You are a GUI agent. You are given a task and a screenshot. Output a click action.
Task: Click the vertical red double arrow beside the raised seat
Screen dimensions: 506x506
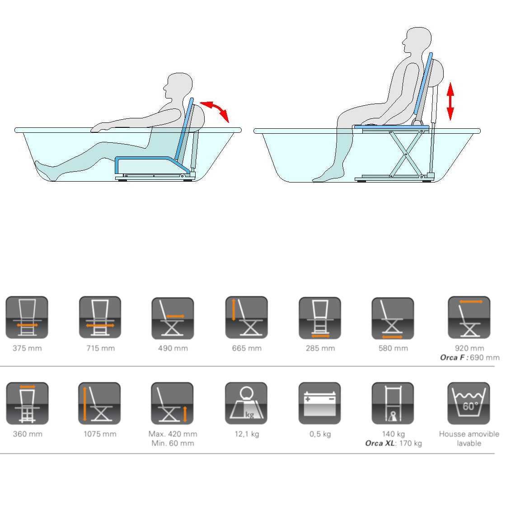(450, 101)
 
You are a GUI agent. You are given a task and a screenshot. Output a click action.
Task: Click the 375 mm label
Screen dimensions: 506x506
(27, 348)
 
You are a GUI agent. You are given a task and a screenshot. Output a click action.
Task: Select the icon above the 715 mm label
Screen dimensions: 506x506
(100, 317)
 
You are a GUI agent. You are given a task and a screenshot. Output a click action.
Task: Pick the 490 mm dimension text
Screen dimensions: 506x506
(173, 348)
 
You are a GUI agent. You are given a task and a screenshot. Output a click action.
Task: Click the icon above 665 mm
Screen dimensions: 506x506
(247, 318)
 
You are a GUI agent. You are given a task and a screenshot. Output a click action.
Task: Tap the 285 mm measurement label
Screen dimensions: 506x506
(320, 348)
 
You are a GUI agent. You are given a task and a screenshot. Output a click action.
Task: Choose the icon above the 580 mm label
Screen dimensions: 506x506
(393, 318)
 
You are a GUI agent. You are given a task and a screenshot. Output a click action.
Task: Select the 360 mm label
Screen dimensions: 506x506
(28, 434)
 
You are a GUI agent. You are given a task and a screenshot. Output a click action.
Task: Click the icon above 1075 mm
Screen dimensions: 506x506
(99, 403)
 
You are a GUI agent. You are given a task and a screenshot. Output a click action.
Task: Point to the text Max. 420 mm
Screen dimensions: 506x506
(173, 434)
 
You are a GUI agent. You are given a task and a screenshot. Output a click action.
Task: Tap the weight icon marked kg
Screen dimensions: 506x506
(246, 403)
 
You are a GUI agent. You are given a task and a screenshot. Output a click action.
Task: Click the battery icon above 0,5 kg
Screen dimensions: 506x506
(319, 403)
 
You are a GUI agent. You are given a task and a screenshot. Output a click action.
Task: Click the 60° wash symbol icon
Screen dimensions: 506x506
(469, 403)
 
